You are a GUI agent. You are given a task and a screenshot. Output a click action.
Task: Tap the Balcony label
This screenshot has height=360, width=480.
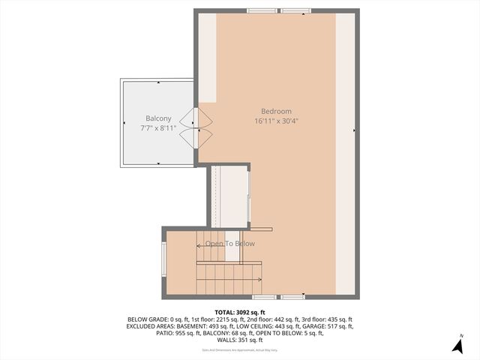tap(158, 118)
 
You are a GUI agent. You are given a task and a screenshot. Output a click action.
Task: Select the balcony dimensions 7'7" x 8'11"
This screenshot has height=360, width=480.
tap(158, 129)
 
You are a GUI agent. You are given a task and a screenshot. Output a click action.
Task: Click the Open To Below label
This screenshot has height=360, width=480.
tap(230, 244)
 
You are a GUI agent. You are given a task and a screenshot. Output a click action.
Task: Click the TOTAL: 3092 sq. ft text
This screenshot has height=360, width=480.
tap(240, 312)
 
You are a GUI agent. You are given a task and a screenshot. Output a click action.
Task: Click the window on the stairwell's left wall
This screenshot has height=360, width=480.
tap(164, 259)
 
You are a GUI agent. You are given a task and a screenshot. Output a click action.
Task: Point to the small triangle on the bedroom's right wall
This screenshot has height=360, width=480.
tap(354, 130)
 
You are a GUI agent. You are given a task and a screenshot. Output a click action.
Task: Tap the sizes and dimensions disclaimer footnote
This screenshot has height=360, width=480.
tap(240, 350)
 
